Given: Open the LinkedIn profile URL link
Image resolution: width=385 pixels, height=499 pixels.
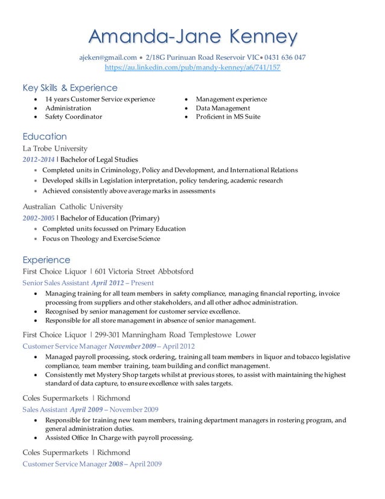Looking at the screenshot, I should pyautogui.click(x=192, y=68).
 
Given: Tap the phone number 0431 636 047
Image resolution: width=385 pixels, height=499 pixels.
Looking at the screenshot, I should pyautogui.click(x=283, y=57).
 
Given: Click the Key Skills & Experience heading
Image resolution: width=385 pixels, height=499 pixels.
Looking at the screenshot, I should pyautogui.click(x=70, y=88).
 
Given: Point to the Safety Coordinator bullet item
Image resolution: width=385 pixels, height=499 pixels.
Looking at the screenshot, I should pyautogui.click(x=74, y=117).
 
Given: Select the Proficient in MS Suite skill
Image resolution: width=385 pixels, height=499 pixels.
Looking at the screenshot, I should pyautogui.click(x=228, y=117).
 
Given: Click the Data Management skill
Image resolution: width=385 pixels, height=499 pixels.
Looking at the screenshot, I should pyautogui.click(x=223, y=108).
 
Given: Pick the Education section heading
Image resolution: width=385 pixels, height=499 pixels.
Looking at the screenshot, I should pyautogui.click(x=45, y=136).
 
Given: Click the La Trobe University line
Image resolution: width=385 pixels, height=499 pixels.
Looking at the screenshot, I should pyautogui.click(x=55, y=148).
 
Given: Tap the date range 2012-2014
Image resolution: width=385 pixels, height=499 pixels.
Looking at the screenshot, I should pyautogui.click(x=38, y=159).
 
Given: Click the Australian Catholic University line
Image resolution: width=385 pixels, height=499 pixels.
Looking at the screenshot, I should pyautogui.click(x=72, y=206).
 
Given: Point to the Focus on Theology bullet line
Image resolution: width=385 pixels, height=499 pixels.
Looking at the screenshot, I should pyautogui.click(x=101, y=239).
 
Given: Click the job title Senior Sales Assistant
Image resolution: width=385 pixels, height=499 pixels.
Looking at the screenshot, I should pyautogui.click(x=56, y=282).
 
